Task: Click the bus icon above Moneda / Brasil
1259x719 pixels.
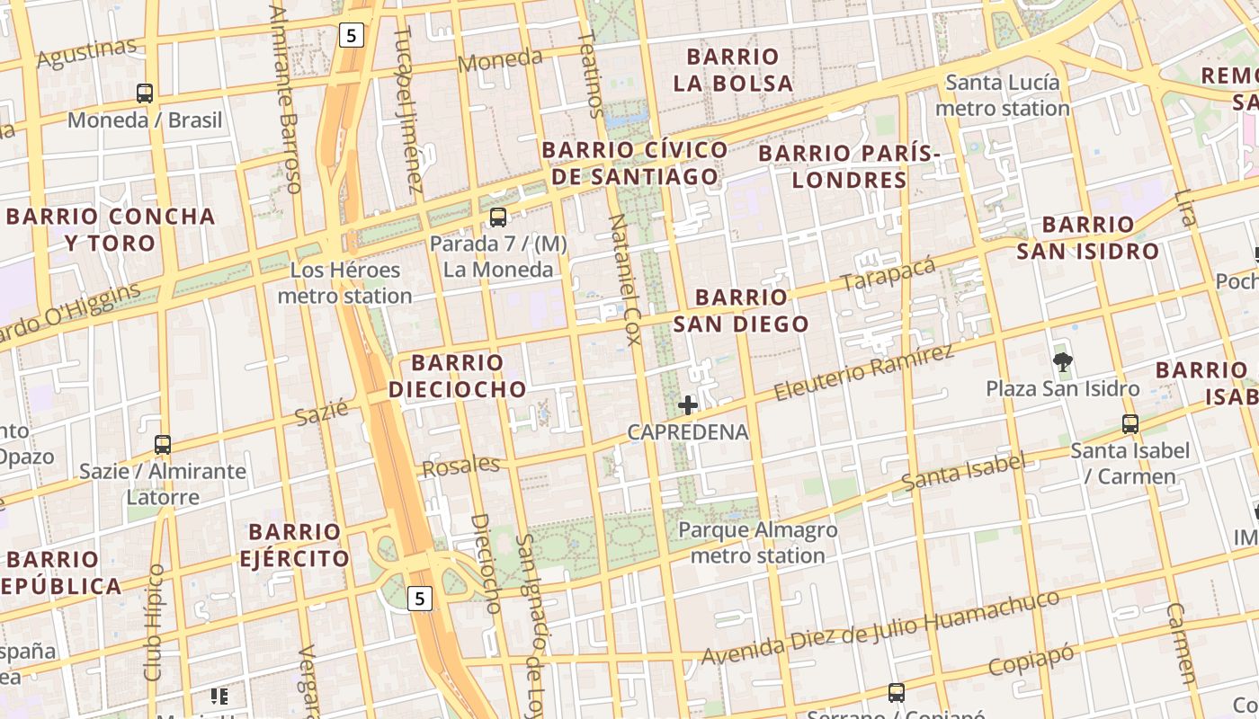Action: click(145, 93)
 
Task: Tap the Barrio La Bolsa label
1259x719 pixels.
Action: click(734, 70)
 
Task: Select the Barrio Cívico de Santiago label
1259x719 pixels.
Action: click(635, 163)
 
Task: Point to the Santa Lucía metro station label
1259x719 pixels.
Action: click(1002, 95)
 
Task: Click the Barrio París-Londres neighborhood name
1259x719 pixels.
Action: click(849, 166)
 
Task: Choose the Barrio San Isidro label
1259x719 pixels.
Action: click(1088, 237)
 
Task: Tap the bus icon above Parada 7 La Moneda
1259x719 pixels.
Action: click(497, 217)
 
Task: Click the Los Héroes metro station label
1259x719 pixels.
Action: click(344, 282)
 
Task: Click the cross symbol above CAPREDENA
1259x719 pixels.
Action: click(688, 405)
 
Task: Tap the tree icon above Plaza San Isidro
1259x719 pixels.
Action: click(1063, 362)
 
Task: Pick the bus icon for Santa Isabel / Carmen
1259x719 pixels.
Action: click(1130, 423)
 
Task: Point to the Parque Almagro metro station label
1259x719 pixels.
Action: click(757, 543)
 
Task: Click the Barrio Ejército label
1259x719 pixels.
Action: click(294, 545)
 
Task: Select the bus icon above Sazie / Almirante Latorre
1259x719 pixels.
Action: click(163, 444)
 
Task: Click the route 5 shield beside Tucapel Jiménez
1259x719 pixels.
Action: click(351, 36)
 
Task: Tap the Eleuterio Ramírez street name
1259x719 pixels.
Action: click(862, 372)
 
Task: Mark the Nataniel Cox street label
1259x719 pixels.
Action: click(625, 280)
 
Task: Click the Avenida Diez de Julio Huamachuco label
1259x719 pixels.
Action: click(880, 628)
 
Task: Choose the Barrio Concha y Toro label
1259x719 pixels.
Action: click(111, 229)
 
